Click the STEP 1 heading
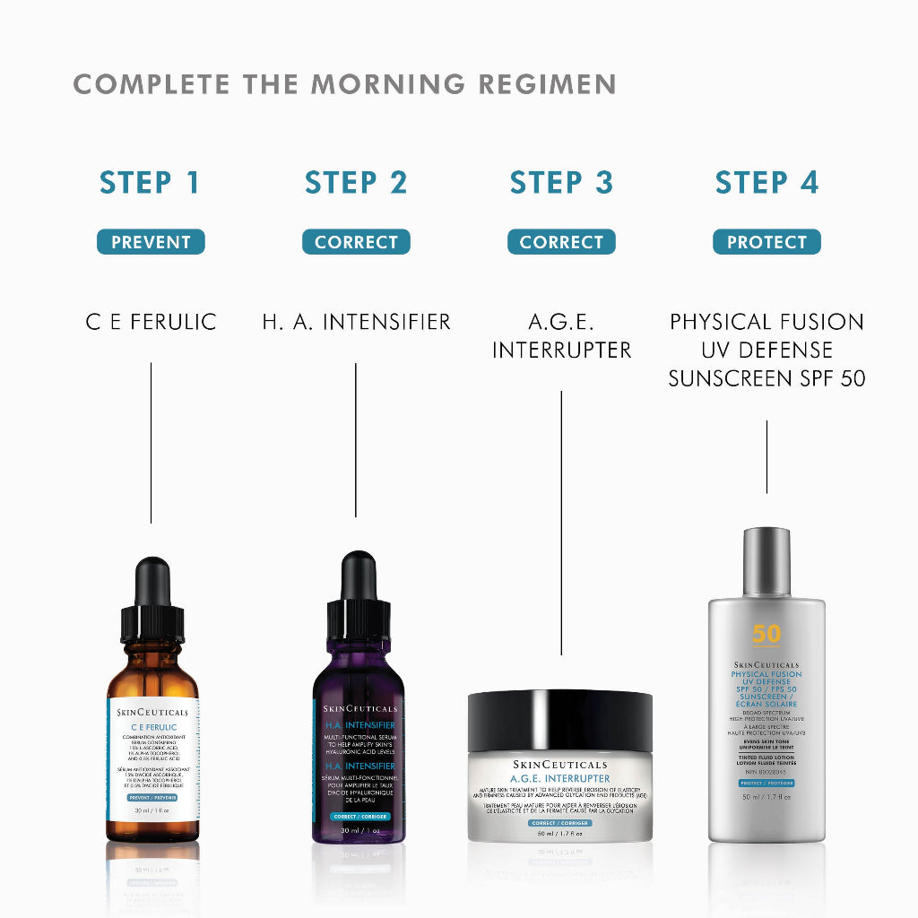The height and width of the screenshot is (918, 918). click(150, 183)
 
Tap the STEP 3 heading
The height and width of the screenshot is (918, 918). click(561, 183)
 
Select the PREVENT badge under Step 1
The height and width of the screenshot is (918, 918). click(151, 242)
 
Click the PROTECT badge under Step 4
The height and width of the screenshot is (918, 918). click(766, 242)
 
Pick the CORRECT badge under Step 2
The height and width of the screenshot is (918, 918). click(356, 242)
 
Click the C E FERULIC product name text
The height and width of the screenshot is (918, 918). click(151, 322)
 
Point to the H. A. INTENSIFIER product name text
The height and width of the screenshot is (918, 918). click(356, 322)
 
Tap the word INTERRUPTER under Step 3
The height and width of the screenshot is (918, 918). click(561, 350)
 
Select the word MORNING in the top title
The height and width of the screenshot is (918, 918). click(388, 85)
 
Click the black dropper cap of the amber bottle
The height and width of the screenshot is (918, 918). click(152, 610)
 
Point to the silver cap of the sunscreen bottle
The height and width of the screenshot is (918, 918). click(766, 560)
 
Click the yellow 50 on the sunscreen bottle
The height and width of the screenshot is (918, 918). click(766, 634)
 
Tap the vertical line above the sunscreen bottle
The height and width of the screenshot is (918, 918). click(766, 457)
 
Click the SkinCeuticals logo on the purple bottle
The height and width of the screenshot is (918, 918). click(359, 708)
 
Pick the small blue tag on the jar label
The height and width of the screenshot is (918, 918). click(560, 822)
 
